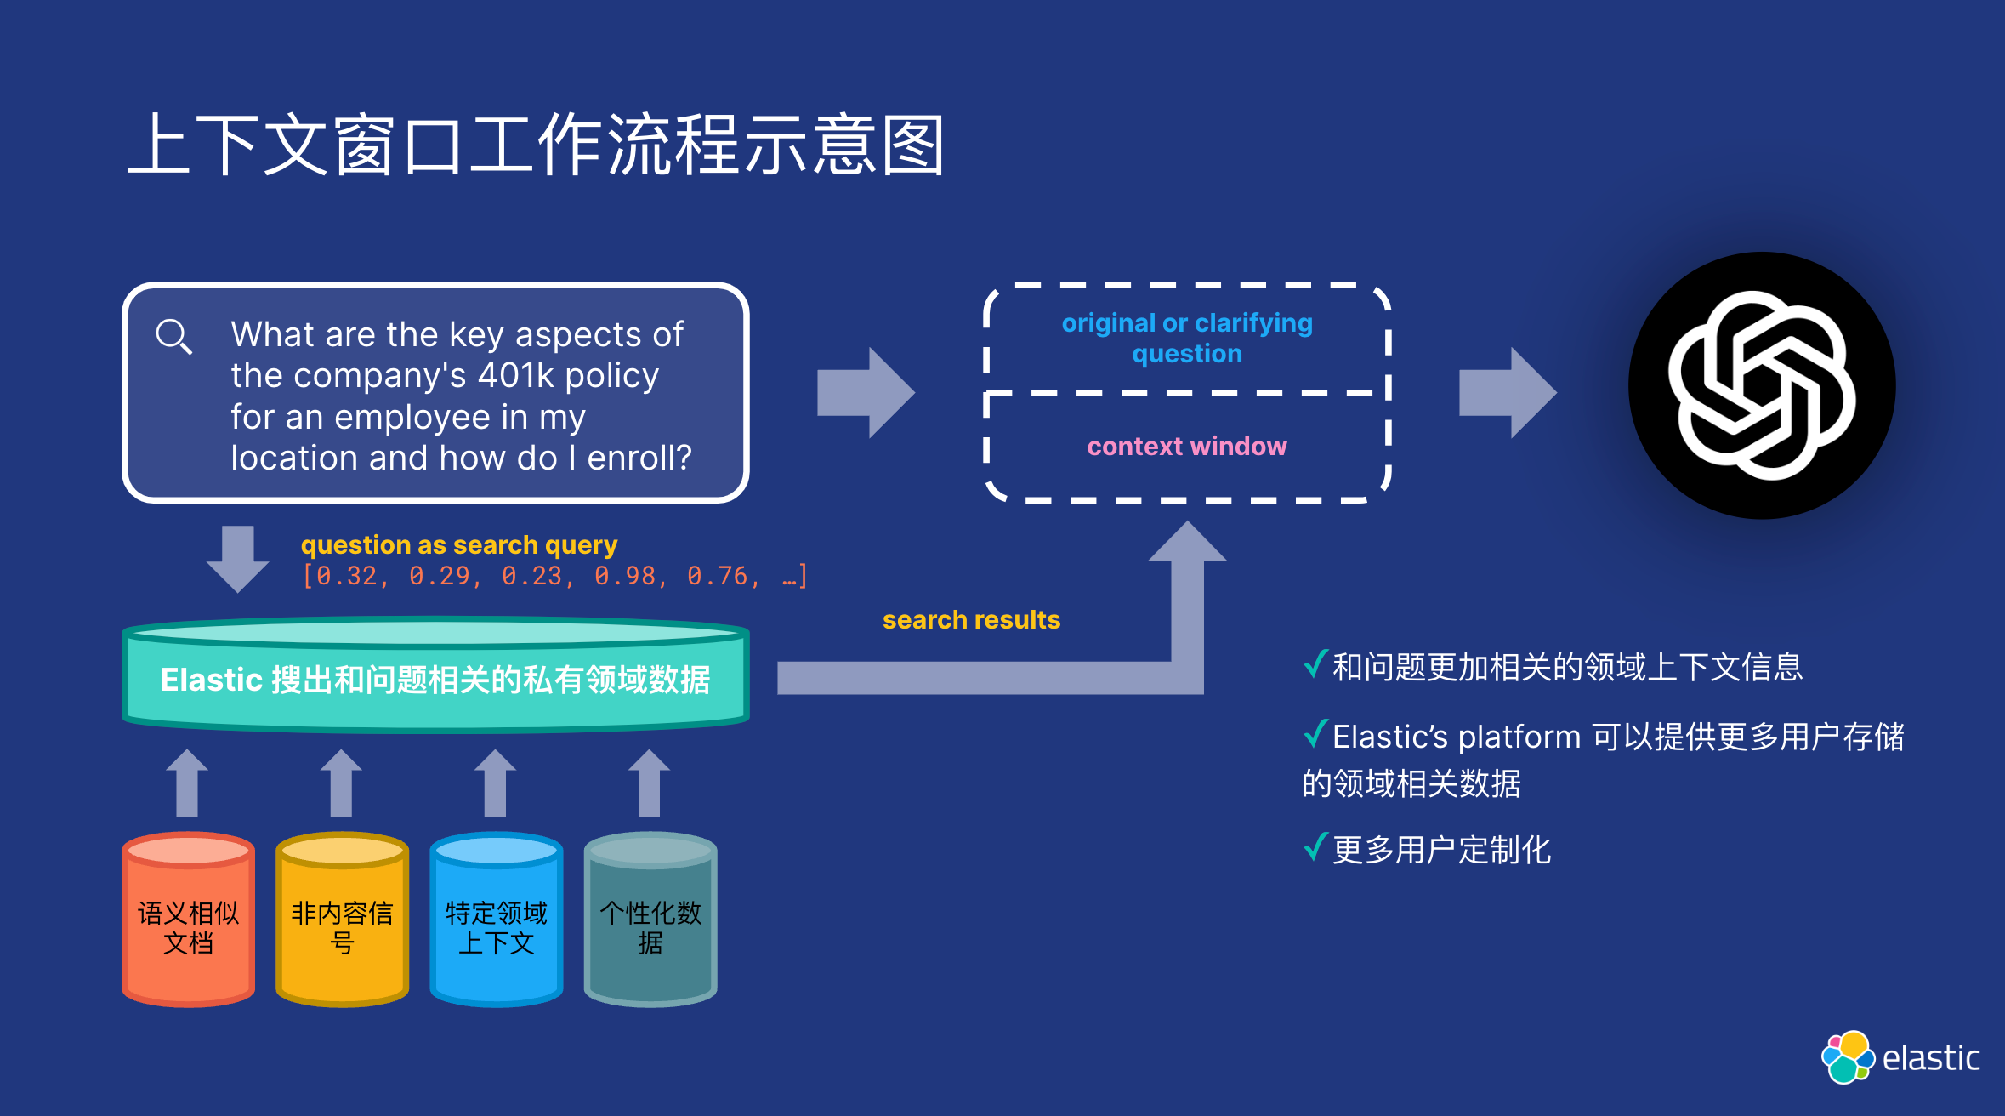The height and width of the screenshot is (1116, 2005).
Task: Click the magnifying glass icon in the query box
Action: click(173, 336)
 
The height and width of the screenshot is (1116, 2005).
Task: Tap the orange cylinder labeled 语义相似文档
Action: click(188, 923)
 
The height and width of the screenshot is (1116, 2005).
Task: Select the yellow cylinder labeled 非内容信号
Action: click(342, 923)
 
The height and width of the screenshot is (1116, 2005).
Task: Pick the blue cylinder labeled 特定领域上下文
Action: click(496, 923)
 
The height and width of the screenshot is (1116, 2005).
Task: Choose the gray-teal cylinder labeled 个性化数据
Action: click(650, 923)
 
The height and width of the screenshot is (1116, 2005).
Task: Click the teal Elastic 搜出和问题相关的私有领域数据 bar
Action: click(435, 679)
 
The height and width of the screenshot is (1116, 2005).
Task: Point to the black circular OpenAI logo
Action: click(1761, 385)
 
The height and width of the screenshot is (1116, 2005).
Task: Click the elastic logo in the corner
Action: click(1900, 1057)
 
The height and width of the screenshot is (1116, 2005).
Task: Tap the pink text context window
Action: click(1187, 447)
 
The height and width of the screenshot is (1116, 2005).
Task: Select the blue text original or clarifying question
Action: click(1187, 338)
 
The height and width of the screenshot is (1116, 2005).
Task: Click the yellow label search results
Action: click(971, 620)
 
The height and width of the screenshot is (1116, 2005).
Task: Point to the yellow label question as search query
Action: click(458, 544)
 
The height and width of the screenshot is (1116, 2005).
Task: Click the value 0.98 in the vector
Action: click(625, 577)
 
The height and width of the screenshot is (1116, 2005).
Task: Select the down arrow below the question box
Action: click(238, 558)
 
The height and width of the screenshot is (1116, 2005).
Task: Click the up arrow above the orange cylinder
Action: click(187, 783)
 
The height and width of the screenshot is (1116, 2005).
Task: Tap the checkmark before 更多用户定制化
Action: click(1315, 847)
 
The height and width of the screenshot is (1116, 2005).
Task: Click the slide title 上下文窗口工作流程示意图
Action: click(536, 145)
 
